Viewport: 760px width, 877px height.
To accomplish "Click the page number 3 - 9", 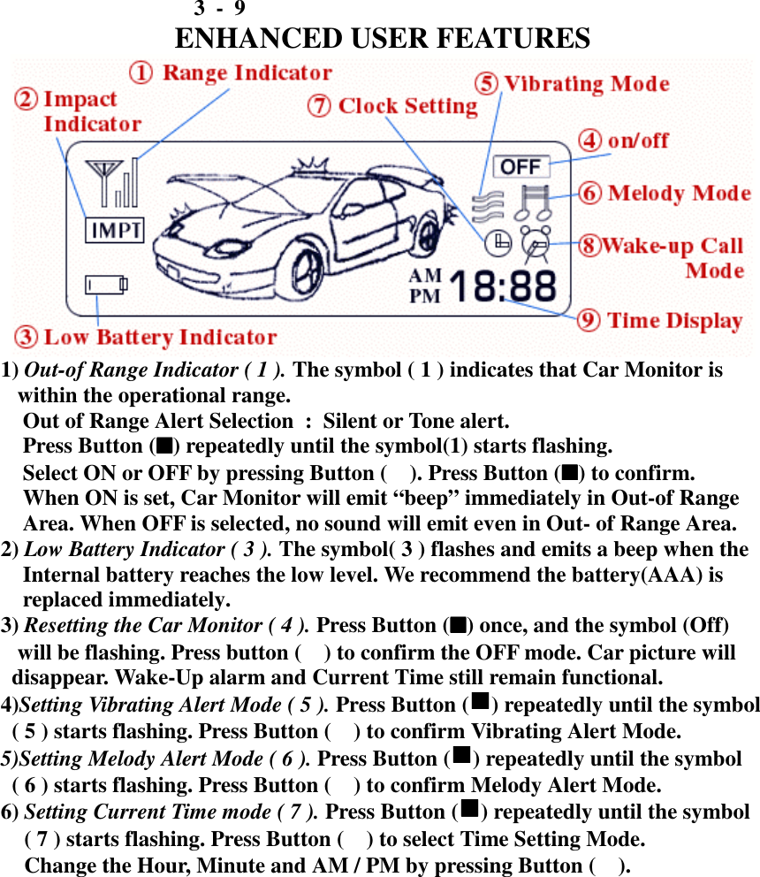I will click(219, 9).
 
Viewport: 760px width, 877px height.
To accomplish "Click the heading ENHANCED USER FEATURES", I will click(383, 39).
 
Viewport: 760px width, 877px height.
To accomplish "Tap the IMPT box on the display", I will click(114, 231).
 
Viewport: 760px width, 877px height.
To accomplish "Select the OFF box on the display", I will click(521, 166).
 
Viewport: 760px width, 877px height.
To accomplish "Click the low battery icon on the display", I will click(106, 284).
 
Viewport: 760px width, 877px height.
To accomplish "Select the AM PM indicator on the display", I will click(425, 286).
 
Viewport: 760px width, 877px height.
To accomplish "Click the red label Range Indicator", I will click(247, 72).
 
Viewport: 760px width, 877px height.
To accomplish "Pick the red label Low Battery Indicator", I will click(160, 337).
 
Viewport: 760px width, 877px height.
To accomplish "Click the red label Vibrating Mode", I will click(586, 84).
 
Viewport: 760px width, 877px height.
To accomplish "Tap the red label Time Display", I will click(674, 320).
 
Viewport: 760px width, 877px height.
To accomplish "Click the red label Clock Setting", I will click(407, 106).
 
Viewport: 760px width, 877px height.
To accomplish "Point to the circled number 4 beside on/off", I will click(590, 141).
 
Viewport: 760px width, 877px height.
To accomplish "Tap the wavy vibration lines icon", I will click(487, 206).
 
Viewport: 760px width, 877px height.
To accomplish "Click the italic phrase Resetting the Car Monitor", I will click(166, 626).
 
